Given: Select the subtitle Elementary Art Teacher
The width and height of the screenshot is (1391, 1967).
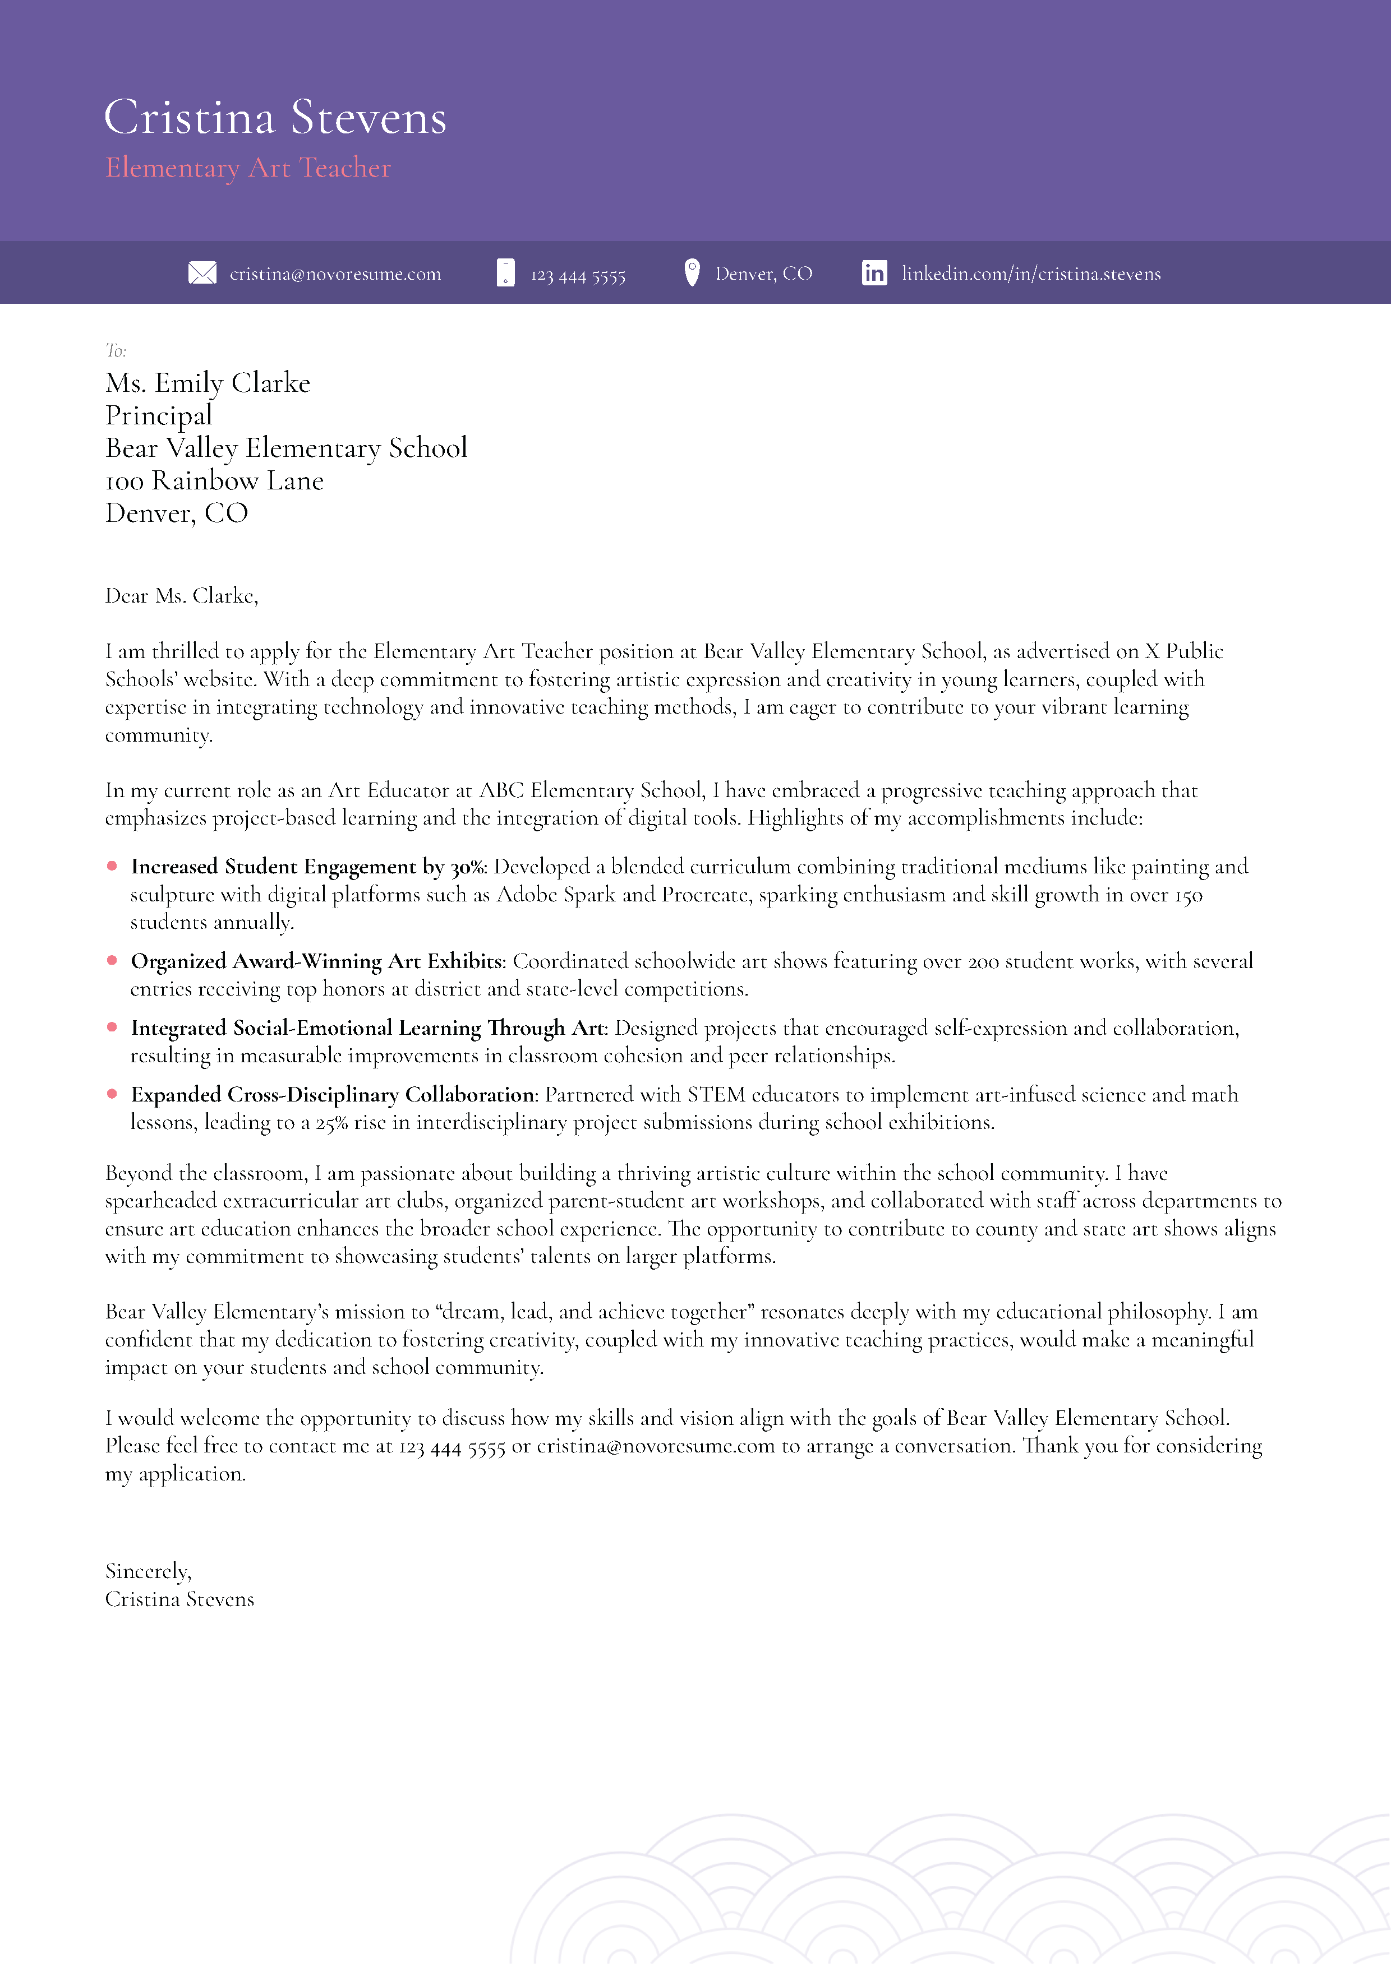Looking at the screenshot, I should [248, 168].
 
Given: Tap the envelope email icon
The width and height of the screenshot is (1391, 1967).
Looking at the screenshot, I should [202, 274].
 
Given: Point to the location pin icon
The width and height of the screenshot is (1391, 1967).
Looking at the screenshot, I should [692, 272].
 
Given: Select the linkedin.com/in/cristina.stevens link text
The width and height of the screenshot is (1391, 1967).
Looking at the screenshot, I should [1031, 274].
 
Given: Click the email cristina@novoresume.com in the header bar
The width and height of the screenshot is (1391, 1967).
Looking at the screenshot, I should [335, 274].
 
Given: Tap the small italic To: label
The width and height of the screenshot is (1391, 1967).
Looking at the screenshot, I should [116, 350].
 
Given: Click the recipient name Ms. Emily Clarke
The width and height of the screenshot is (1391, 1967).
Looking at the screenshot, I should [208, 383].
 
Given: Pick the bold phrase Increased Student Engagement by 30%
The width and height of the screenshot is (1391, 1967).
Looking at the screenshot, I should [308, 867].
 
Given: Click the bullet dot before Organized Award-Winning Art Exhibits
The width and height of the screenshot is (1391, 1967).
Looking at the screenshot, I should [112, 960].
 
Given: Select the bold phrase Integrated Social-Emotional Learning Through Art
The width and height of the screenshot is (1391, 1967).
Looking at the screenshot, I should [369, 1028].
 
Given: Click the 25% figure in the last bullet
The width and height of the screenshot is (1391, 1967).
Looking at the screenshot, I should [331, 1123].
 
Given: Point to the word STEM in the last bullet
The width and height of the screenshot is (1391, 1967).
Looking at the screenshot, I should [716, 1095].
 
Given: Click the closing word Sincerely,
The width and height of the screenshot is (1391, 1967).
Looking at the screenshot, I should [148, 1571].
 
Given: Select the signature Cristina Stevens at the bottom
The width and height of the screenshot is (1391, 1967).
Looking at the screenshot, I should [179, 1599].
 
